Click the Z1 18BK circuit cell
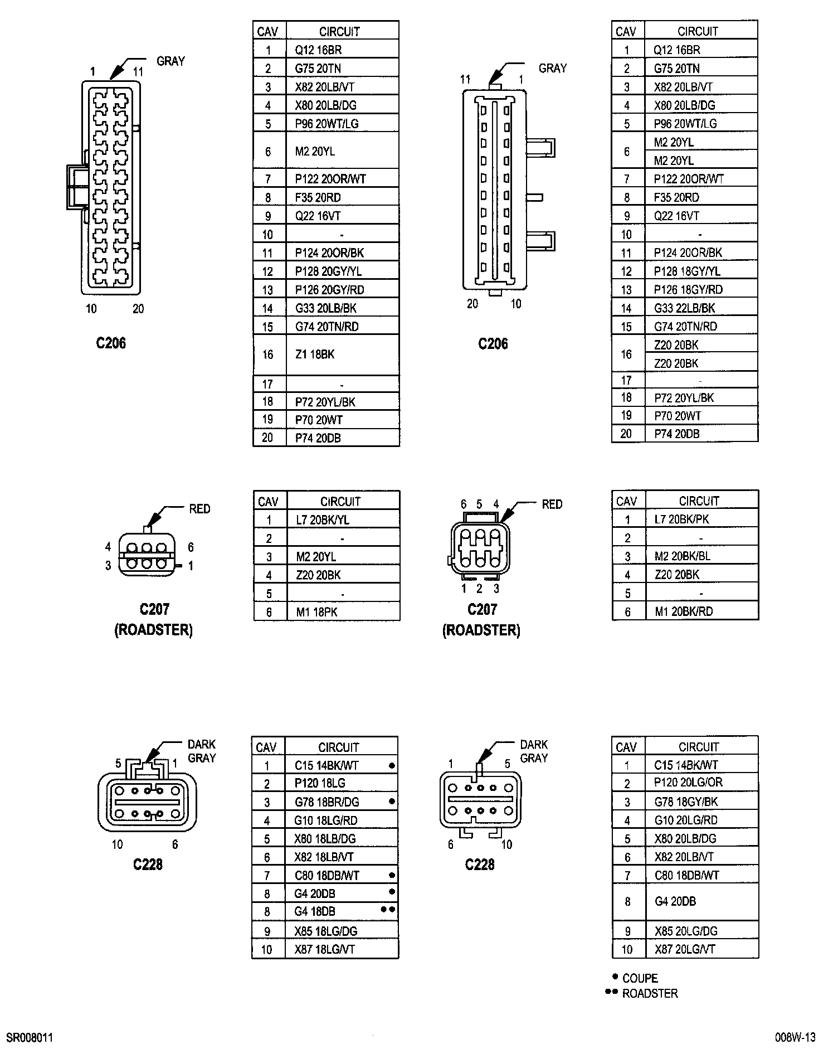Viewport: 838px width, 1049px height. pyautogui.click(x=315, y=354)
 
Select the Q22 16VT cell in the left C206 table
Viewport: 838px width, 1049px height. pyautogui.click(x=318, y=216)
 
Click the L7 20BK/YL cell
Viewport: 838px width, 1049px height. pyautogui.click(x=323, y=520)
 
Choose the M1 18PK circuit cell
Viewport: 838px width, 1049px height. pyautogui.click(x=316, y=612)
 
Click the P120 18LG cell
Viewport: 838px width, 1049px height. pyautogui.click(x=320, y=783)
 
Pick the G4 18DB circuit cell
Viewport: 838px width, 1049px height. pyautogui.click(x=315, y=911)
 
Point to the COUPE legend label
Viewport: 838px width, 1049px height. pyautogui.click(x=640, y=978)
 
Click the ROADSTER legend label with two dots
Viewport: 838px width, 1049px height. pyautogui.click(x=650, y=993)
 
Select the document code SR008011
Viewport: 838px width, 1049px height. pyautogui.click(x=30, y=1038)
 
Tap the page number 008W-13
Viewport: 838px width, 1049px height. pyautogui.click(x=795, y=1037)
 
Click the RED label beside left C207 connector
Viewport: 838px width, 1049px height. pyautogui.click(x=199, y=509)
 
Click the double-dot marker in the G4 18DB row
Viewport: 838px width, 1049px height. pyautogui.click(x=388, y=909)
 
